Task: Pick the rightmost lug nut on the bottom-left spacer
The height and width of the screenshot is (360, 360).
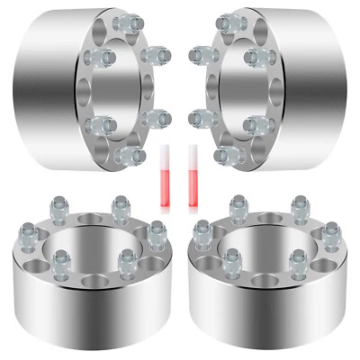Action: [x=157, y=231]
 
